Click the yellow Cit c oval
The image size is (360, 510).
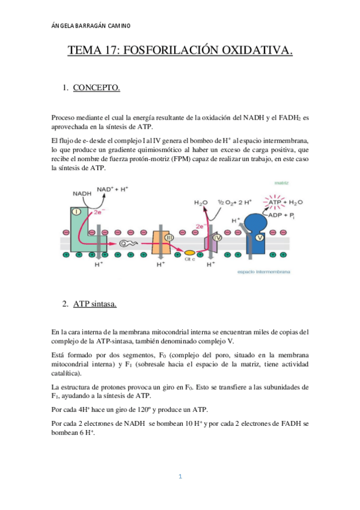pyautogui.click(x=189, y=253)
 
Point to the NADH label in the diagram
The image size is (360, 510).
pyautogui.click(x=82, y=194)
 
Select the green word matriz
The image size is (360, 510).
pyautogui.click(x=282, y=182)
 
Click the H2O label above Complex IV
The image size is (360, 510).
pyautogui.click(x=200, y=203)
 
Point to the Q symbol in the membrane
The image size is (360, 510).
pyautogui.click(x=125, y=244)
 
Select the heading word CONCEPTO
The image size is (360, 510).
pyautogui.click(x=97, y=88)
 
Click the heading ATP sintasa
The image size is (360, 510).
pyautogui.click(x=95, y=304)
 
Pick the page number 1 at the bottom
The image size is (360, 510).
pyautogui.click(x=180, y=477)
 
